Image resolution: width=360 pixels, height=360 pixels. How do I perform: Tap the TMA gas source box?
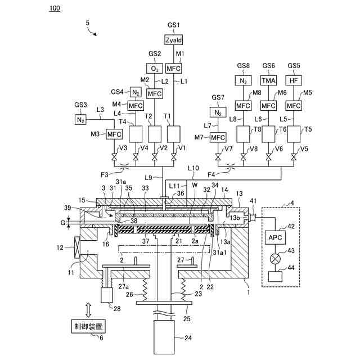point(268,80)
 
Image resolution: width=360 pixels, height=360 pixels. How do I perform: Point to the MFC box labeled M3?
point(114,134)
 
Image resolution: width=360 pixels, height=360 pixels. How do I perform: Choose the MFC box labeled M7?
point(218,137)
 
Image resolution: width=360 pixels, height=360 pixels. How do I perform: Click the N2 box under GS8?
point(243,80)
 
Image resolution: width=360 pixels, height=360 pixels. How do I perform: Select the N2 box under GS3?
point(80,119)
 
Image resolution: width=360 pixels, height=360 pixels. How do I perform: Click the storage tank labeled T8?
point(243,134)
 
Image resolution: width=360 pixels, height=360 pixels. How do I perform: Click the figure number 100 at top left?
point(55,8)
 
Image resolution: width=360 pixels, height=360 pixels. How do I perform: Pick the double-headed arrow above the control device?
point(88,309)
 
